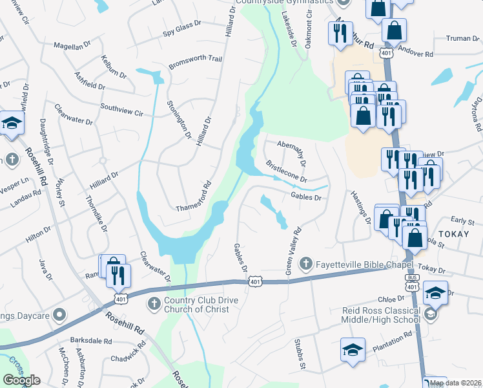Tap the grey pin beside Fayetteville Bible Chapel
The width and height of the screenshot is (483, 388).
(307, 263)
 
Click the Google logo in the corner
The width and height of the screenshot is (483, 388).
(21, 380)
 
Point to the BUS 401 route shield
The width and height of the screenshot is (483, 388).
(411, 282)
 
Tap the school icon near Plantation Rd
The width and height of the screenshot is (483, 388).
(353, 349)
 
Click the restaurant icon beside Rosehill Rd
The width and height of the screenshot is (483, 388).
(118, 275)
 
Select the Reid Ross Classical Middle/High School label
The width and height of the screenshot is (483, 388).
(381, 315)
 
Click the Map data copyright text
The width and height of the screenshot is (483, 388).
(456, 383)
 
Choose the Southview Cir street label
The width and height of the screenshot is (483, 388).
(122, 108)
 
